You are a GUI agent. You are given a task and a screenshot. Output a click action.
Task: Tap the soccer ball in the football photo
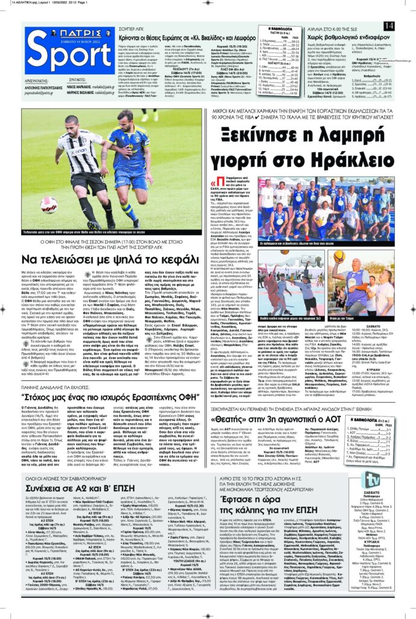(x=49, y=204)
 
